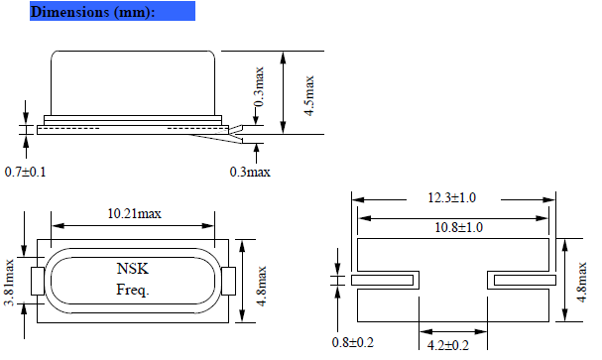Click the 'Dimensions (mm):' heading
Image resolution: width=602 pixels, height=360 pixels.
[x=92, y=12]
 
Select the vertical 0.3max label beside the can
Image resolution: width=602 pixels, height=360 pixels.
[x=260, y=87]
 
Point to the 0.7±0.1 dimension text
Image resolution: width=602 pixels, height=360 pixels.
[x=26, y=173]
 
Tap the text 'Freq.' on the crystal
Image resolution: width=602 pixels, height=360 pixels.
[x=132, y=291]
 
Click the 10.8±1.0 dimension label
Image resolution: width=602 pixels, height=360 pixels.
[x=453, y=228]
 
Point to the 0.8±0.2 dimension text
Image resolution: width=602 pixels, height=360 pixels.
[x=354, y=343]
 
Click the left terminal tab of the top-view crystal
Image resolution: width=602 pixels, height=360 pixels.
[x=38, y=281]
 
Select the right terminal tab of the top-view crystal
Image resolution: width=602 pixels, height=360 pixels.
[x=227, y=281]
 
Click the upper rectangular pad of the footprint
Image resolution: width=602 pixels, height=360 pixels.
[x=452, y=254]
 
